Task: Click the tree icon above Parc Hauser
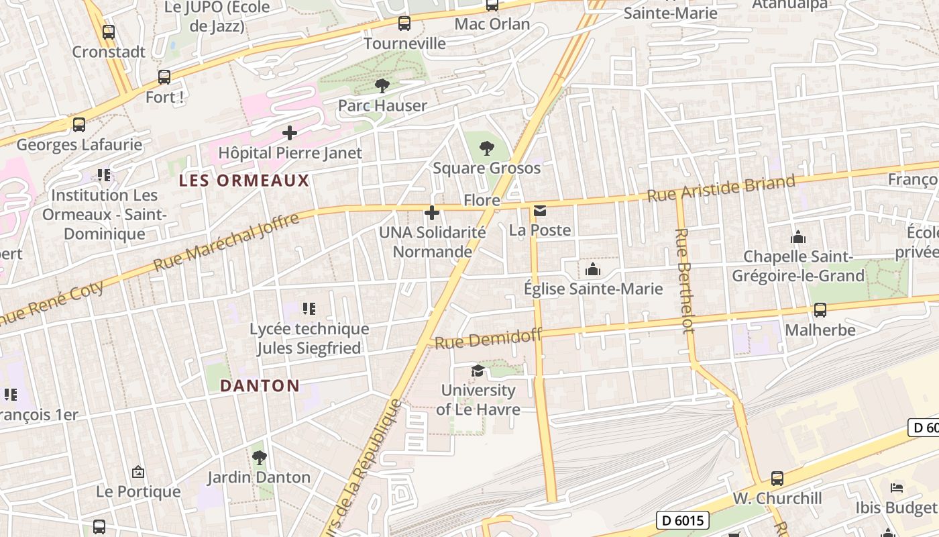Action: point(382,86)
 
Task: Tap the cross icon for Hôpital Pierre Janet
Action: point(290,133)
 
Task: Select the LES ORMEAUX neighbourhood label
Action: point(244,181)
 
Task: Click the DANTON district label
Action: point(260,386)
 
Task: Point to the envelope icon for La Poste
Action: point(539,211)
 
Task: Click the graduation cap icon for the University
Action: point(478,371)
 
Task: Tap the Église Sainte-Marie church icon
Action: point(593,270)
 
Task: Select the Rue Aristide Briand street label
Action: point(721,188)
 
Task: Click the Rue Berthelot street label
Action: point(685,281)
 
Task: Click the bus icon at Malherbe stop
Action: point(820,310)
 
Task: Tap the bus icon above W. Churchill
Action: point(777,479)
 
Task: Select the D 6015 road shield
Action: point(681,520)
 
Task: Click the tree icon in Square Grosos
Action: point(487,148)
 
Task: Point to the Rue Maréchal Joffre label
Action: point(226,242)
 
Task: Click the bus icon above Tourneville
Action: point(404,23)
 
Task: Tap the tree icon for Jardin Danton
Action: point(259,458)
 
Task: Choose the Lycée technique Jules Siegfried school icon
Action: point(309,309)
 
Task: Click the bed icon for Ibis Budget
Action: point(897,487)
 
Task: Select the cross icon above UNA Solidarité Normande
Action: point(432,213)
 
